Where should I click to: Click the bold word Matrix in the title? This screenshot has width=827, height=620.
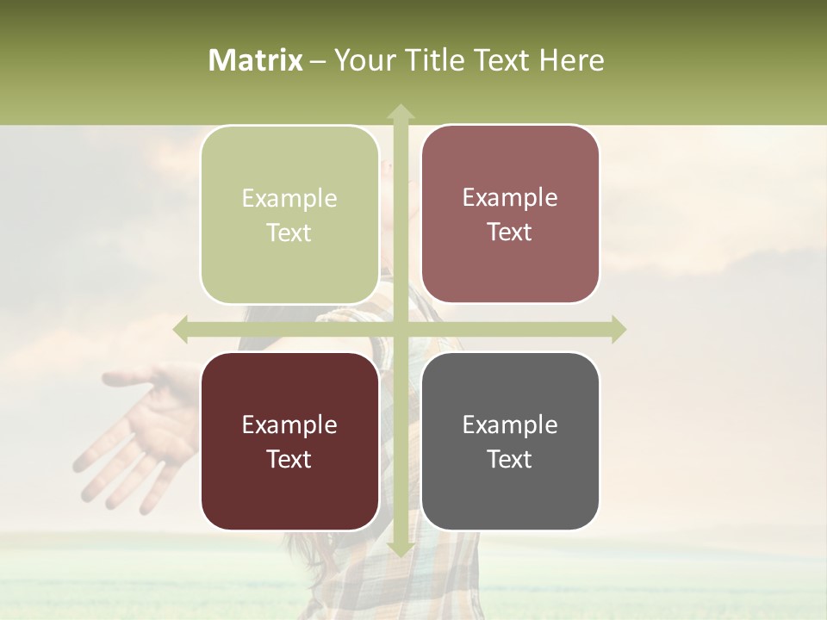point(256,60)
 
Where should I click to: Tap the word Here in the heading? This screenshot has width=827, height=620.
point(572,60)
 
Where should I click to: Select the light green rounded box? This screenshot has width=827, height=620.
point(289,215)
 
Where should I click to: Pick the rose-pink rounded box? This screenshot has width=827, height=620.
point(510,214)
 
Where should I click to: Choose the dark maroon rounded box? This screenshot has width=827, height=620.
point(289,441)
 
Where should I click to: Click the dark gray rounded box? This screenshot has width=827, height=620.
point(510,441)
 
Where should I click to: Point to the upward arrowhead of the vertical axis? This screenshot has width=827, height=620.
point(400,112)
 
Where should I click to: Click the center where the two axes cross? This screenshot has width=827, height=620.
point(400,329)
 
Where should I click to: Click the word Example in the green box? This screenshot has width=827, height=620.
point(289,199)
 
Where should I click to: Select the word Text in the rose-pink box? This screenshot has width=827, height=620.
point(510,232)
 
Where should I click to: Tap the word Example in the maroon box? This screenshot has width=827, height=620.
point(289,425)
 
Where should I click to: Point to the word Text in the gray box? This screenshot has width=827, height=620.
point(510,459)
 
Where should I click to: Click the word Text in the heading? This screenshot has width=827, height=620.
point(500,60)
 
